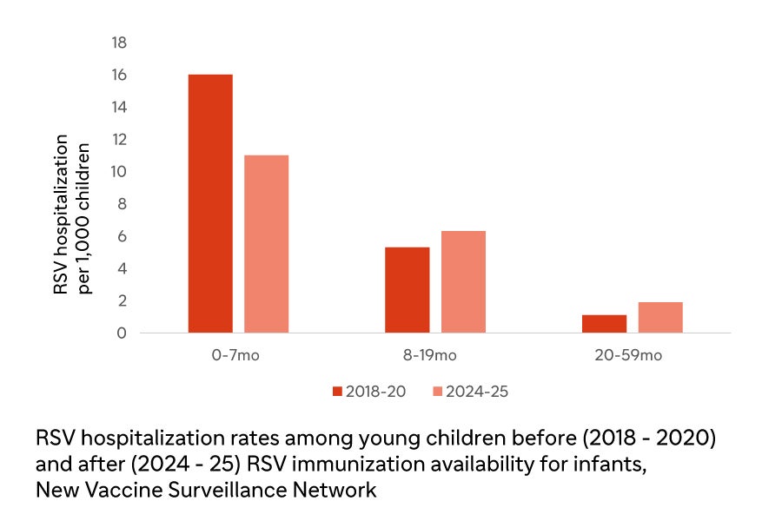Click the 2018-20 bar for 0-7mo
tap(210, 203)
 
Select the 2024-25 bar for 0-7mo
tap(266, 244)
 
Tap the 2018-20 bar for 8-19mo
tap(408, 290)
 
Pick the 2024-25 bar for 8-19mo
tap(463, 281)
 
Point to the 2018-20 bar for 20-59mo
tap(605, 323)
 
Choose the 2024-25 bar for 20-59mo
tap(660, 317)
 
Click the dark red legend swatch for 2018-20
tap(338, 392)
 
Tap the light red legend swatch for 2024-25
tap(438, 392)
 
